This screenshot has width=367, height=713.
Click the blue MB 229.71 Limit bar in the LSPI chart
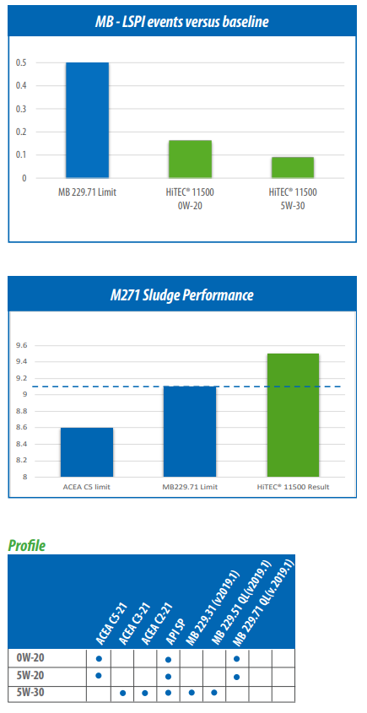(87, 120)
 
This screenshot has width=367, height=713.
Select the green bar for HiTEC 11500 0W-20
(190, 159)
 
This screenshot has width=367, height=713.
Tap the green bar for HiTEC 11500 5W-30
(293, 167)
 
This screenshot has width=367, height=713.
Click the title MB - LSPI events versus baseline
(182, 22)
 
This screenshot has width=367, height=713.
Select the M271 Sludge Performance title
(182, 295)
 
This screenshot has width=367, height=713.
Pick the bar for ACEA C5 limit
(87, 452)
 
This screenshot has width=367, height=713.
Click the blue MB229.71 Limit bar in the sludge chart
(190, 431)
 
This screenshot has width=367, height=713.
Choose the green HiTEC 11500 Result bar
(293, 415)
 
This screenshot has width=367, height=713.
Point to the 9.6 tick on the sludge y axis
(21, 346)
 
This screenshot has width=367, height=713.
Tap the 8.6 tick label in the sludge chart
(21, 428)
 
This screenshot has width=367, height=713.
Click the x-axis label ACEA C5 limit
(87, 487)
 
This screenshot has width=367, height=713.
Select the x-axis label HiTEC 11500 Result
(293, 487)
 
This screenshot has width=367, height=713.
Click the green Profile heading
(27, 546)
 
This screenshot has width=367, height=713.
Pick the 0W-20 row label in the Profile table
(30, 657)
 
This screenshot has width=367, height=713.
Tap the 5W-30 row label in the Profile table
(30, 693)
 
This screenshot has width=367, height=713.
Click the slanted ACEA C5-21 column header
(111, 624)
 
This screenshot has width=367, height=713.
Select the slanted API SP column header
(173, 629)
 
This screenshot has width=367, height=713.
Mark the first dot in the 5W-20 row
(99, 676)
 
